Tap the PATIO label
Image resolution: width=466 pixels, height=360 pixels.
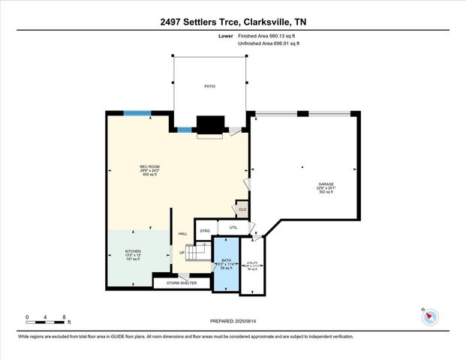point(210,87)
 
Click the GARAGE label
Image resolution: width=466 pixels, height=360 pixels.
point(325,184)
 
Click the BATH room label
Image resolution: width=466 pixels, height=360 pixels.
point(226,259)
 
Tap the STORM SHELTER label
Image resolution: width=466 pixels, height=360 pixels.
point(182,283)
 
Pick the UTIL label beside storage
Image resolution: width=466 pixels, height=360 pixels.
point(233,227)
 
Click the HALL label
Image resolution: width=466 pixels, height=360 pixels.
point(182,234)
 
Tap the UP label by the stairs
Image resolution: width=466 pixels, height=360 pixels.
point(182,253)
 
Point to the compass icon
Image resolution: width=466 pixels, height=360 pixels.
point(430,316)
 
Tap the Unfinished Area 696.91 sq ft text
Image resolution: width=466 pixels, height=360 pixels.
point(269,44)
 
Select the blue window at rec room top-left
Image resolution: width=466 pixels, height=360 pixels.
point(137,113)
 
